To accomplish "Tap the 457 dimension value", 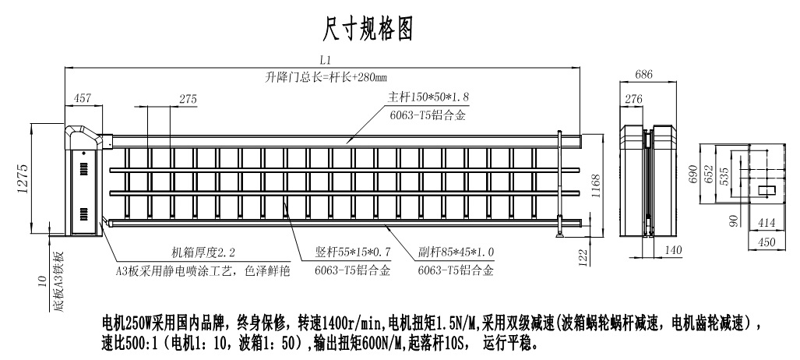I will pyautogui.click(x=82, y=99).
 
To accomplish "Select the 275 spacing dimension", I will pyautogui.click(x=188, y=99).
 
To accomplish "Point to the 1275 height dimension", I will pyautogui.click(x=24, y=180).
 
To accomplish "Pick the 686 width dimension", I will pyautogui.click(x=643, y=75).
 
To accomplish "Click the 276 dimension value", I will pyautogui.click(x=633, y=99).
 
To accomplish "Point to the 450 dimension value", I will pyautogui.click(x=767, y=242).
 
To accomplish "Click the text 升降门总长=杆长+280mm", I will pyautogui.click(x=326, y=77).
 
